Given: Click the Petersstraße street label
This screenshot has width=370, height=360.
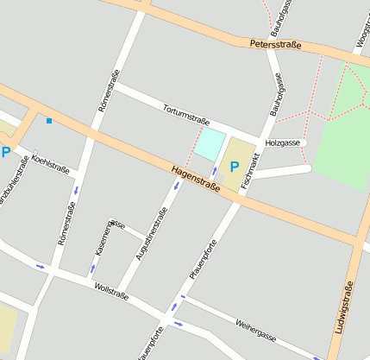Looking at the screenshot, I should click(275, 44).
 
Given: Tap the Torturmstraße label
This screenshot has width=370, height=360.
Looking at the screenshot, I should click(187, 115).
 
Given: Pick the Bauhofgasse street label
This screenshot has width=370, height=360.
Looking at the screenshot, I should click(277, 94).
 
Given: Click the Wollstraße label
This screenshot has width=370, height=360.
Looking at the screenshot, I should click(111, 290).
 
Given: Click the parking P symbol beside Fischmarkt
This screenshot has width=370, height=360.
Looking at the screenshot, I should click(235, 166).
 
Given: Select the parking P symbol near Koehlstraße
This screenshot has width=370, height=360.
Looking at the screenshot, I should click(6, 153).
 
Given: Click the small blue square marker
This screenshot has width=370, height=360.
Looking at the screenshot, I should click(49, 120).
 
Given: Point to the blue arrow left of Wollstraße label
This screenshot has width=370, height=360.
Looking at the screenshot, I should click(40, 266).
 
